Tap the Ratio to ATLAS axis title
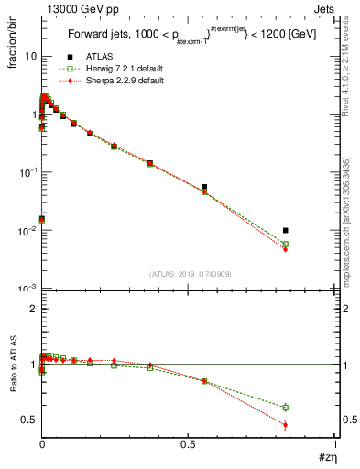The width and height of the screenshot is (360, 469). click(13, 364)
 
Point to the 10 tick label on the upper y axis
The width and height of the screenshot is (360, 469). click(30, 56)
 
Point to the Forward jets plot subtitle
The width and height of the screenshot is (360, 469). click(183, 37)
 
